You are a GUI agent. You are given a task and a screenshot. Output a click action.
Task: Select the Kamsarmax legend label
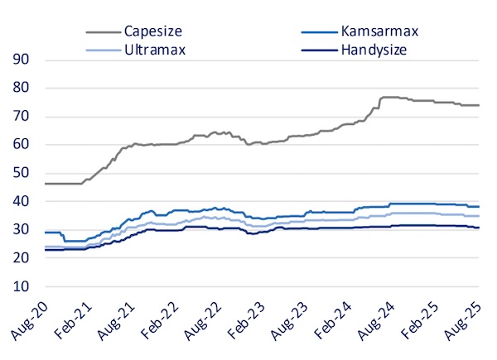[x=379, y=31]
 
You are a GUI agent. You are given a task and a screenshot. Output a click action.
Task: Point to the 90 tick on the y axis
[x=21, y=60]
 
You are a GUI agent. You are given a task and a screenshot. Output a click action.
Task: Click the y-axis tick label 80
[x=21, y=88]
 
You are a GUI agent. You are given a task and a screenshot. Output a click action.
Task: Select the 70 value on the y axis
[x=21, y=117]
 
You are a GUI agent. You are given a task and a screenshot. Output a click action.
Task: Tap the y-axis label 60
[x=21, y=145]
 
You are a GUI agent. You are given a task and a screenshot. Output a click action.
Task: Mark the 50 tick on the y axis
[x=21, y=173]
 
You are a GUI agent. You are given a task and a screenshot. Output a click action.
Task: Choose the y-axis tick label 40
[x=21, y=202]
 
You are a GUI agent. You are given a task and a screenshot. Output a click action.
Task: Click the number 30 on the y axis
[x=21, y=230]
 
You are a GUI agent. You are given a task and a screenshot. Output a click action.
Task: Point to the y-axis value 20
[x=21, y=258]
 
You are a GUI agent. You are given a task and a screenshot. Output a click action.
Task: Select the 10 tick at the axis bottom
[x=21, y=287]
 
